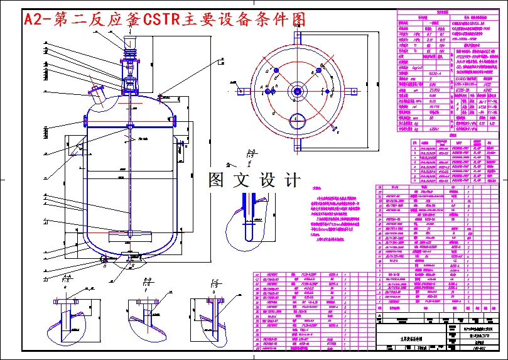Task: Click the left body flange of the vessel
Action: click(x=86, y=120)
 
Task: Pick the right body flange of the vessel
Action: click(x=175, y=120)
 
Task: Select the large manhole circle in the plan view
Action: click(x=296, y=118)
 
